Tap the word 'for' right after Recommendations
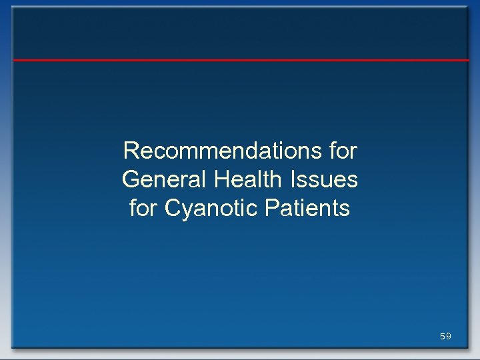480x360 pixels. [343, 151]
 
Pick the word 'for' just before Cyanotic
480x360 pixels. [143, 209]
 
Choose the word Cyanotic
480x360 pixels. [211, 209]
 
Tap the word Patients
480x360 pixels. [307, 209]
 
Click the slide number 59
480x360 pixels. [445, 337]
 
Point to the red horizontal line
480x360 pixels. [240, 60]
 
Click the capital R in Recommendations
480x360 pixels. [130, 151]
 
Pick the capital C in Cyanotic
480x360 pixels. [173, 209]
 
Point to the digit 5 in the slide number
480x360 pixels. [442, 337]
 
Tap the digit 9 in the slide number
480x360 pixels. [449, 337]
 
